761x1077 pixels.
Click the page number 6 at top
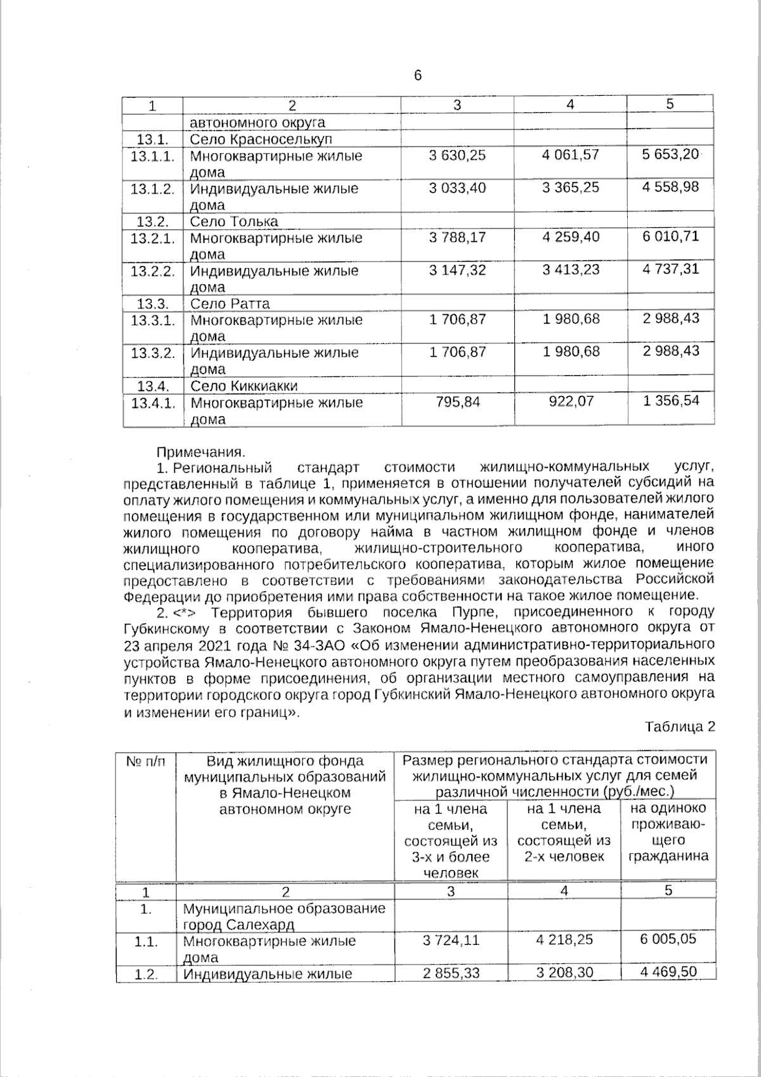(x=417, y=76)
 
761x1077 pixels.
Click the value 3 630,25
(x=457, y=155)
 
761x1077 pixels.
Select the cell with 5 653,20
(x=670, y=154)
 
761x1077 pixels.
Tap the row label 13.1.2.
(x=152, y=188)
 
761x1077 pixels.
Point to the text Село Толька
(x=234, y=221)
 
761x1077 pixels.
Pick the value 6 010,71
(x=670, y=237)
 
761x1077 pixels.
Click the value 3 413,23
(x=571, y=270)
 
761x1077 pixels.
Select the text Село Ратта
(x=230, y=303)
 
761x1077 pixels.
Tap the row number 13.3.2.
(x=152, y=352)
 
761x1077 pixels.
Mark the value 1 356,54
(x=670, y=401)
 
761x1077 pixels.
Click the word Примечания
(x=200, y=453)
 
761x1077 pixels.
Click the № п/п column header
(x=146, y=761)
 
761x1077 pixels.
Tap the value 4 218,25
(x=564, y=939)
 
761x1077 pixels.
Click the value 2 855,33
(x=451, y=973)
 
